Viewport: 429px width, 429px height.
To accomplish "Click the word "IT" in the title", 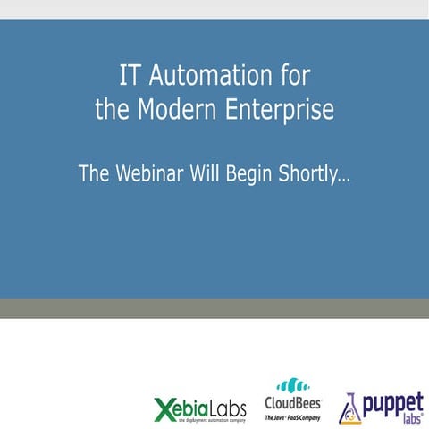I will (130, 73).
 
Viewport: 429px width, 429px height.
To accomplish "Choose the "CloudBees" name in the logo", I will (293, 405).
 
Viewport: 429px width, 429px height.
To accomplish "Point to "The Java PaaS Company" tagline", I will (293, 417).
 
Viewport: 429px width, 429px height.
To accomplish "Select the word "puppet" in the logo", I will (394, 403).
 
